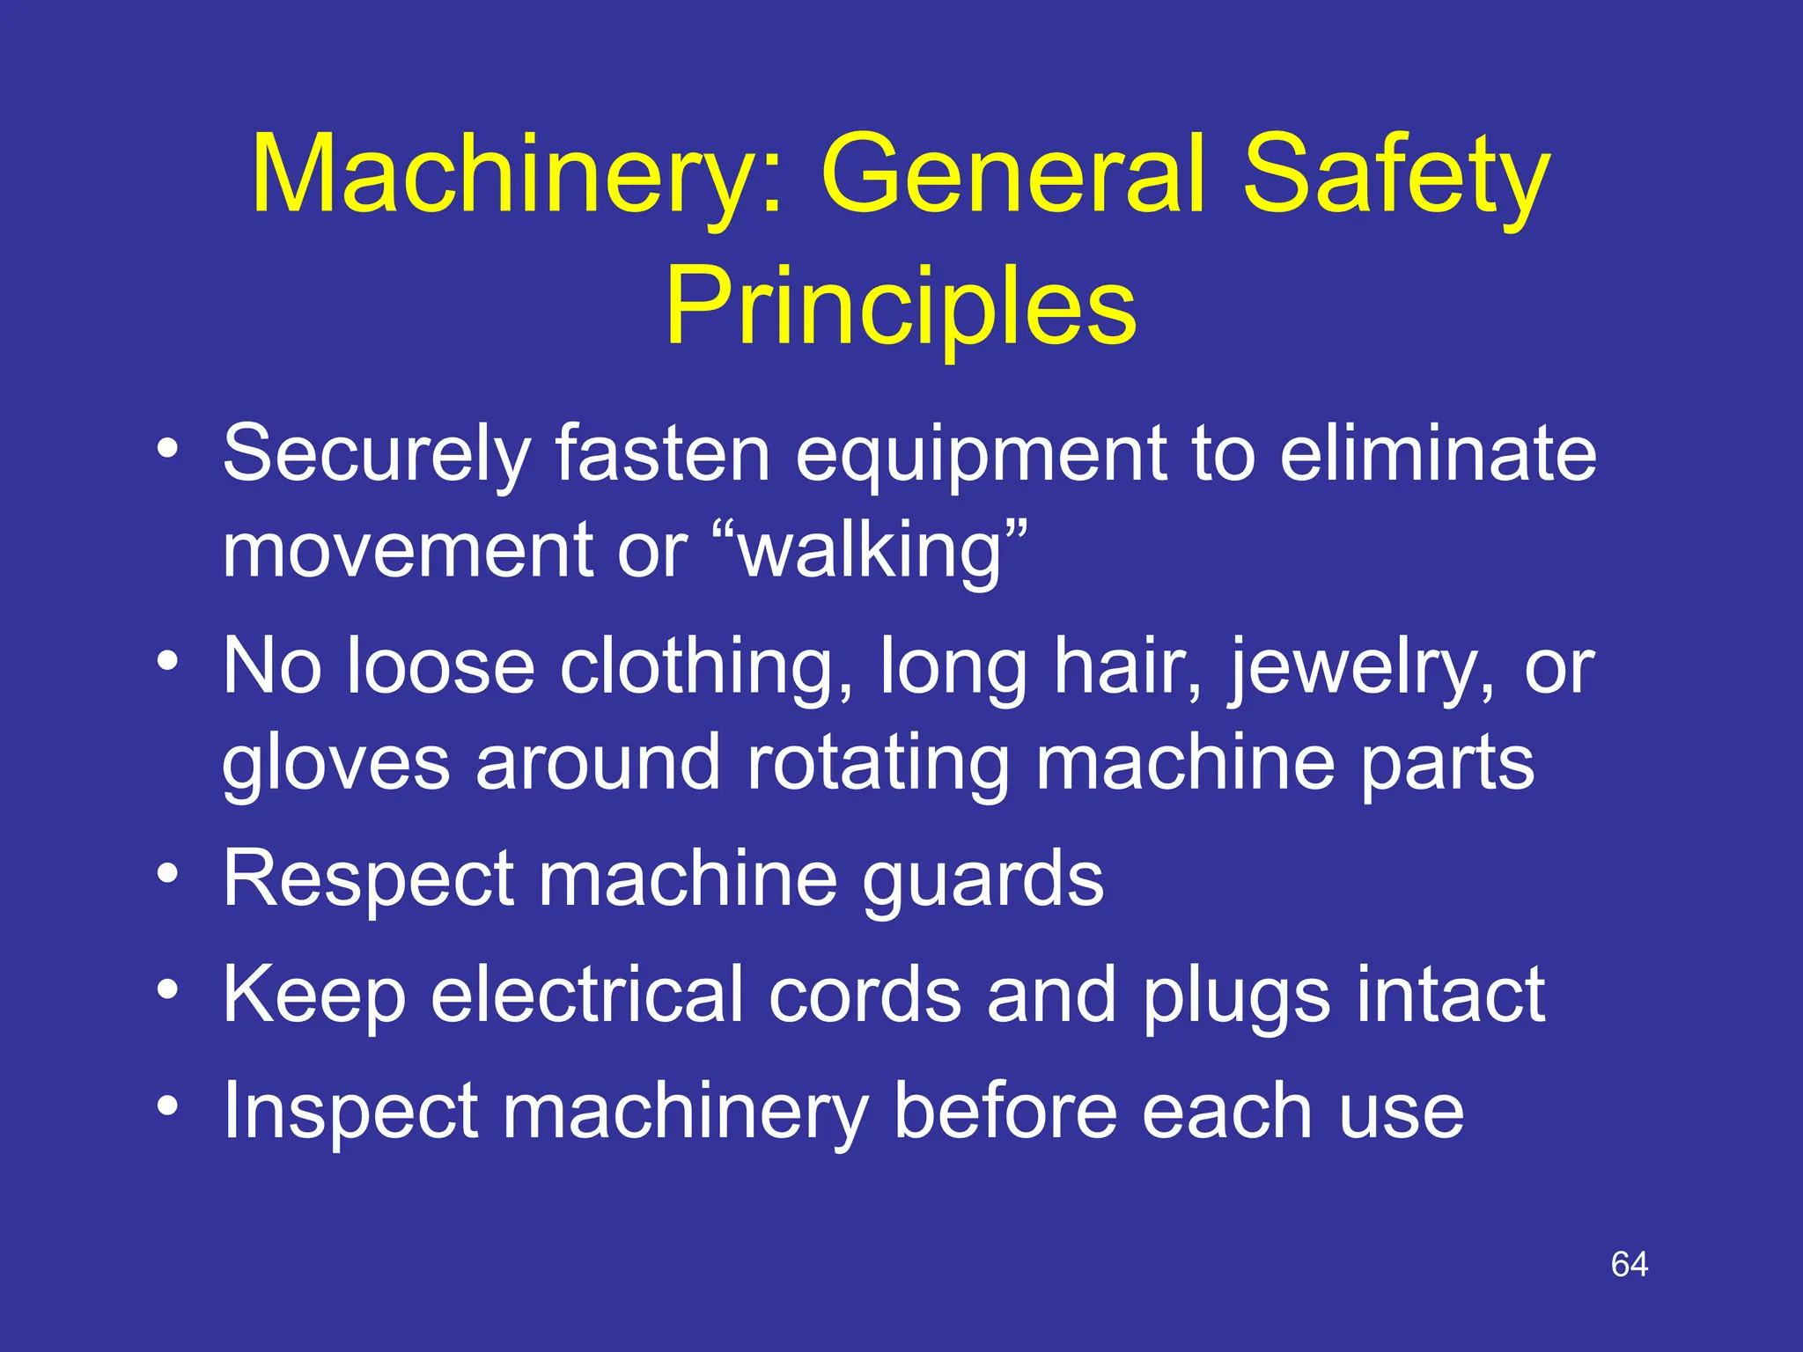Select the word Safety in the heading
pyautogui.click(x=1396, y=176)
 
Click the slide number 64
pyautogui.click(x=1629, y=1265)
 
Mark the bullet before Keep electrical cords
pyautogui.click(x=167, y=989)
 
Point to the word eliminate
pyautogui.click(x=1438, y=454)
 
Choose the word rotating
pyautogui.click(x=877, y=764)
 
